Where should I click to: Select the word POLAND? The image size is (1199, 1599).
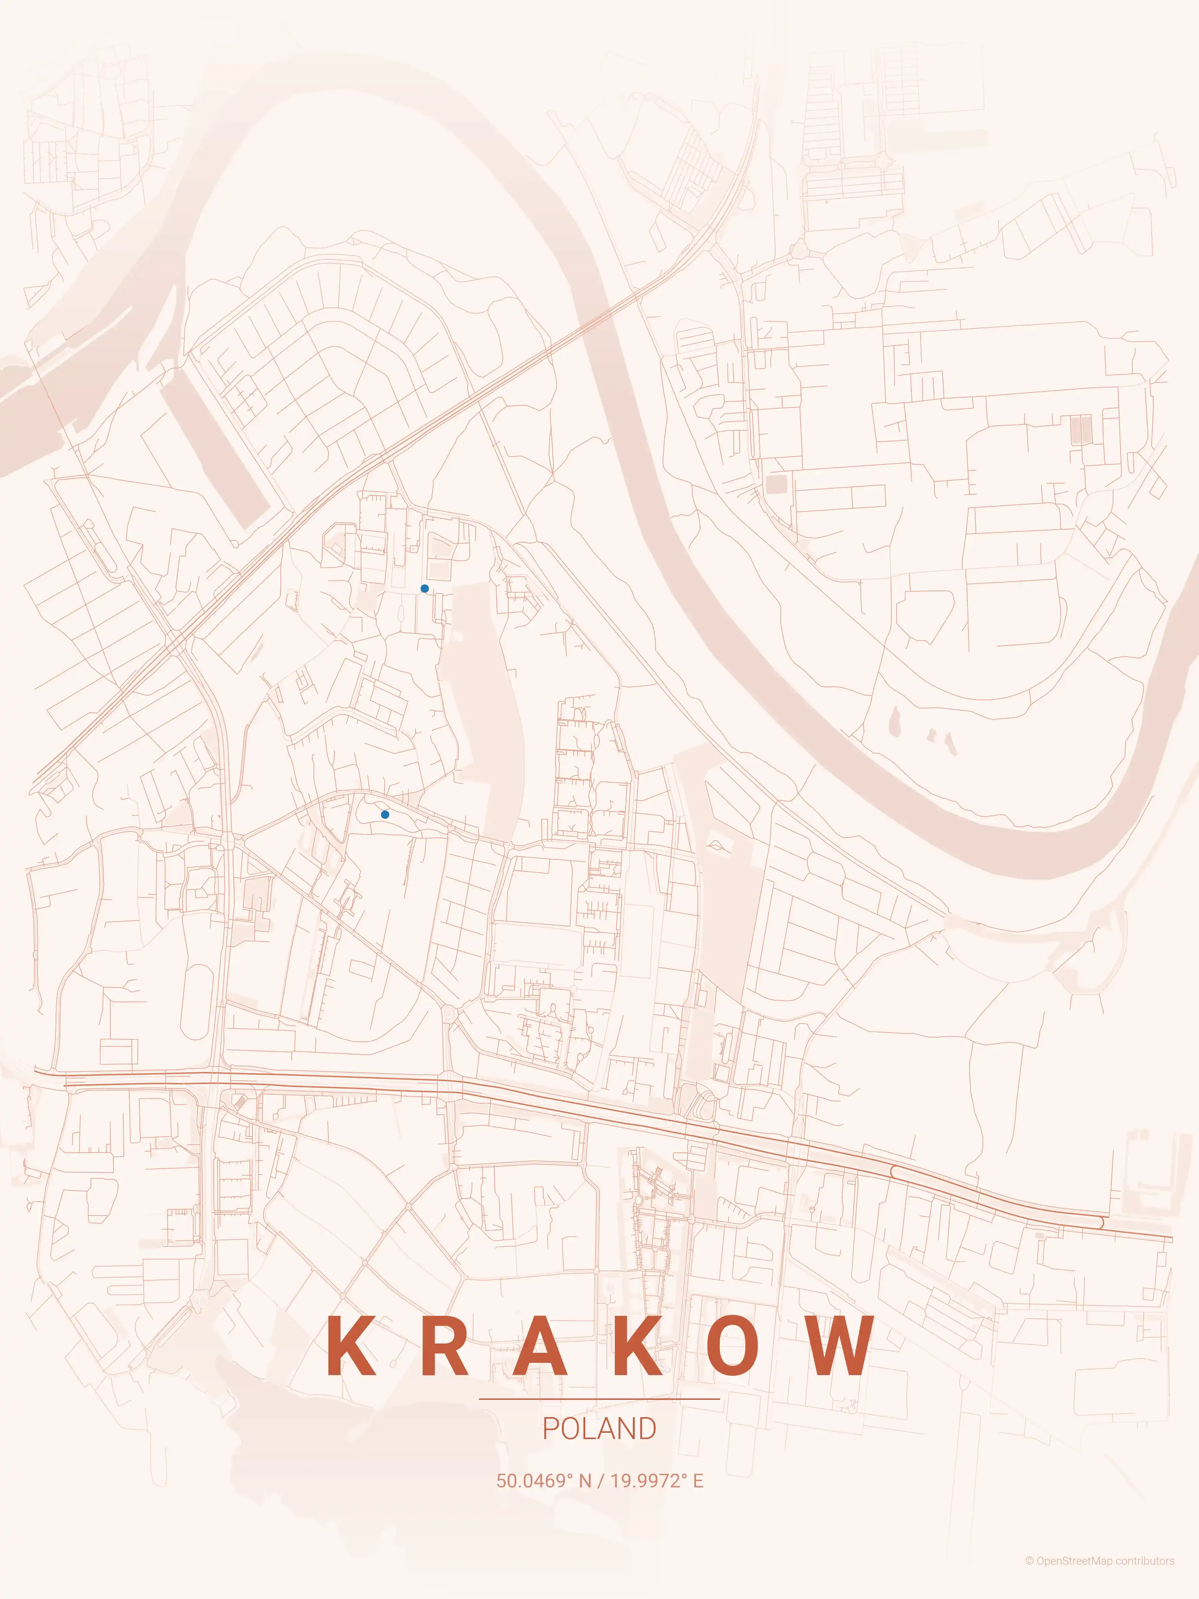599,1429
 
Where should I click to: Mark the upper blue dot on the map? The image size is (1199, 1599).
424,588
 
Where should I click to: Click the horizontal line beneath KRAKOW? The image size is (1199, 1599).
599,1399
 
